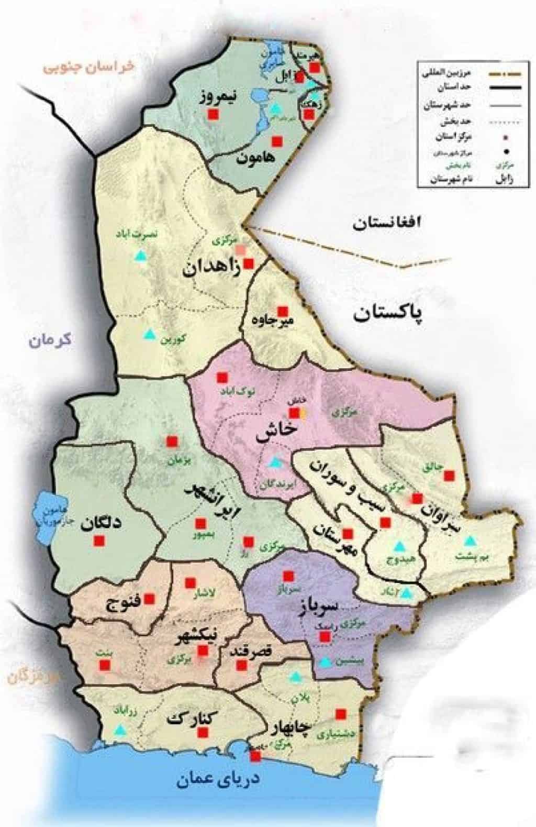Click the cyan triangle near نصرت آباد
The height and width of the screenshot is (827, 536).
(x=140, y=257)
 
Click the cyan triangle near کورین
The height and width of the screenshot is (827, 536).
(x=150, y=334)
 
